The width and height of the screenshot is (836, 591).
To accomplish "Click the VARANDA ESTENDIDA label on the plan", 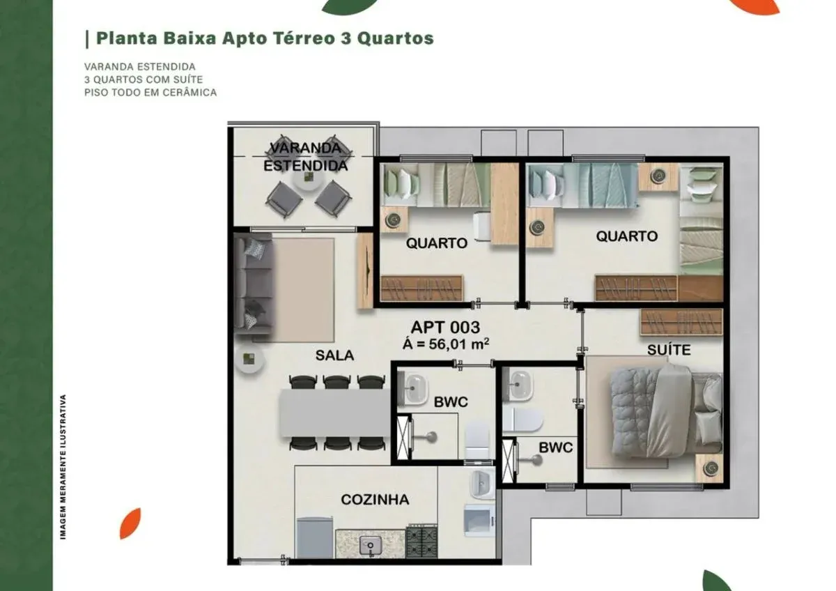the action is coord(306,157).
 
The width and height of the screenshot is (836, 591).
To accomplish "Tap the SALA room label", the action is coord(334,355).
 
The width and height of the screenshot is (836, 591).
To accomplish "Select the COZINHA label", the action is coord(375,500).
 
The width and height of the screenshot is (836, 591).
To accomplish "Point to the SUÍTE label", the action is coord(669,349).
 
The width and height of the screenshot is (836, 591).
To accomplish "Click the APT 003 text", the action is coord(445,327).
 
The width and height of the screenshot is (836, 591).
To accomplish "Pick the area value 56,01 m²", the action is coord(459,344).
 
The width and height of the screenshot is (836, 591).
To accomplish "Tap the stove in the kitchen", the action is coord(421,541).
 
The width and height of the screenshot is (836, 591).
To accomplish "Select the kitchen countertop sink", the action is coord(370,546).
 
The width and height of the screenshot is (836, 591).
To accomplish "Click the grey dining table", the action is coord(335,413).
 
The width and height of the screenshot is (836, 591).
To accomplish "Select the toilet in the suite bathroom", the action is coord(522,420).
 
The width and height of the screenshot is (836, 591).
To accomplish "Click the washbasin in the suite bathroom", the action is coord(518,385).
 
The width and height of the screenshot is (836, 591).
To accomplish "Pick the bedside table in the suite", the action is coord(709,468).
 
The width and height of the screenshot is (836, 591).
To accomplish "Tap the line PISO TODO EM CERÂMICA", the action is coord(150,92).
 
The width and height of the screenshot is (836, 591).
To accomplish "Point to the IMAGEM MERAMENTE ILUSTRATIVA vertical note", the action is coord(63,467).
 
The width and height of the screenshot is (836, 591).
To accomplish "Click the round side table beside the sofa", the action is coord(249,359).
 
